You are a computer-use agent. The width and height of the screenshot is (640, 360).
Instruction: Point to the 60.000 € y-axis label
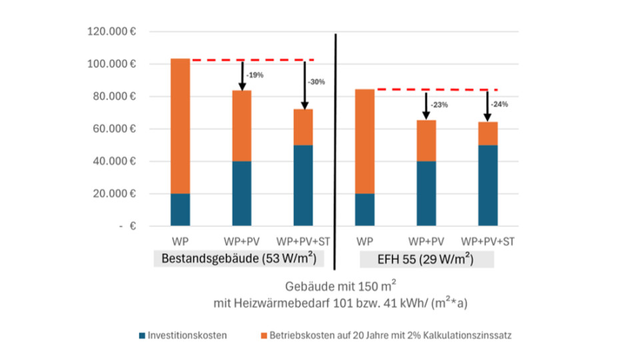[115, 129]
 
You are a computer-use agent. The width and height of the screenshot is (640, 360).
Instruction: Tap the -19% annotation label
[255, 75]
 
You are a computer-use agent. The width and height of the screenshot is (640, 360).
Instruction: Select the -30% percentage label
[316, 82]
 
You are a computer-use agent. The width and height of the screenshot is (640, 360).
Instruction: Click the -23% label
[439, 105]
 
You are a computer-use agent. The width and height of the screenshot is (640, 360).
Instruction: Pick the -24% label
[499, 104]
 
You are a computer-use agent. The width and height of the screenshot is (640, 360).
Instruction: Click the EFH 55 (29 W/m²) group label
[426, 258]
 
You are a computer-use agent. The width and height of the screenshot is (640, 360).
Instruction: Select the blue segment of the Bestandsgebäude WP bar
[180, 209]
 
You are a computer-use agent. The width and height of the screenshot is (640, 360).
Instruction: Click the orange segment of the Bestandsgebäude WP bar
[180, 126]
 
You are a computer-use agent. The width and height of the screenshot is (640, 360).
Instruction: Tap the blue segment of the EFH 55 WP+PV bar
[426, 193]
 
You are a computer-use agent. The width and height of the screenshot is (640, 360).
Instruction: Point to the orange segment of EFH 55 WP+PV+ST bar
[487, 133]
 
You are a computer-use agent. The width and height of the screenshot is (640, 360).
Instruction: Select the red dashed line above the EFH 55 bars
[437, 89]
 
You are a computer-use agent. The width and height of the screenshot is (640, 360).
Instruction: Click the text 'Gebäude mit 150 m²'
[340, 287]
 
